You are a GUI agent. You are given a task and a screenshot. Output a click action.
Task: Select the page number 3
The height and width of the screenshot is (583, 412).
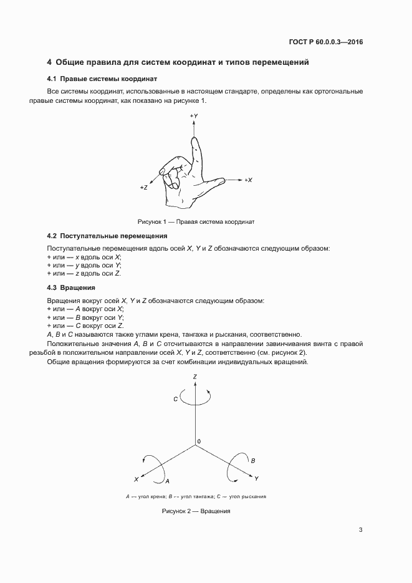click(361, 531)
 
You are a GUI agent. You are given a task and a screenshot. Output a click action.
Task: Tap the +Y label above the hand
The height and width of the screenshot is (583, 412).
click(194, 117)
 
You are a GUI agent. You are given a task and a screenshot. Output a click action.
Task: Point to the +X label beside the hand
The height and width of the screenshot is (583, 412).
click(247, 180)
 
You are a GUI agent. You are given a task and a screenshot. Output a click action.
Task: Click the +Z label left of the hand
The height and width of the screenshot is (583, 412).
click(143, 187)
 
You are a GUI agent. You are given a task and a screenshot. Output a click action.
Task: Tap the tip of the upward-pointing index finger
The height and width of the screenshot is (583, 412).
click(194, 140)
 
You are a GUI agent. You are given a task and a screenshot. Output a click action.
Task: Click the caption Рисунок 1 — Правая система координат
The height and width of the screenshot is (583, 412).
click(196, 221)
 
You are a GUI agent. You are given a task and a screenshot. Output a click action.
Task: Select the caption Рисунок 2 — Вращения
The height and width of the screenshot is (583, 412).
click(196, 511)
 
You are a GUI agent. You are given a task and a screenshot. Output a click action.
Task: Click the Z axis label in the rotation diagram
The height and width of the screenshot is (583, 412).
click(196, 377)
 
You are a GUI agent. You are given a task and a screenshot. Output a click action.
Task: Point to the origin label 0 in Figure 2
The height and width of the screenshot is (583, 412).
click(199, 442)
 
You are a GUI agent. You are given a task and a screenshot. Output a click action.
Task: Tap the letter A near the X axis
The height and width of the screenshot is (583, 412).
click(167, 481)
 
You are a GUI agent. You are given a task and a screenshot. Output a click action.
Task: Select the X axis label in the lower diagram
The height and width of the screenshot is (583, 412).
click(136, 479)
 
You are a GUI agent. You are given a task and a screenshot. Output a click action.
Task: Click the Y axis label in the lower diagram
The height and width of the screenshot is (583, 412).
click(256, 478)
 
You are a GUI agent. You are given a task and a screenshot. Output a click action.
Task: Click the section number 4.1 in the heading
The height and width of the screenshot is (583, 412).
click(52, 79)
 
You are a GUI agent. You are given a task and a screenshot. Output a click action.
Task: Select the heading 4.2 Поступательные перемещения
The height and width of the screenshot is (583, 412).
click(107, 236)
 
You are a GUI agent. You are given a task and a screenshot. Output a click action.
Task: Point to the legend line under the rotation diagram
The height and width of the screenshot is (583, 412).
click(196, 496)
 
